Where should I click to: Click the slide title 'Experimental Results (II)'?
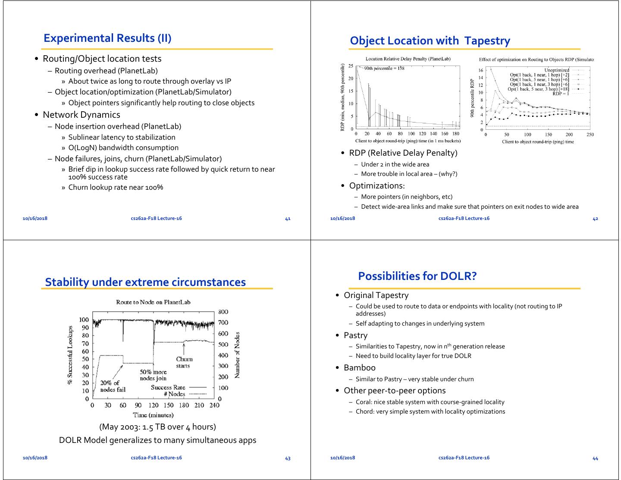107,38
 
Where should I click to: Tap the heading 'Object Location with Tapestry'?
430,41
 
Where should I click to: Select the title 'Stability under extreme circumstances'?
145,282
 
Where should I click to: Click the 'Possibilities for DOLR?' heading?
417,276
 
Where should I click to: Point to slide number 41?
288,219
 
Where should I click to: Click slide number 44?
595,458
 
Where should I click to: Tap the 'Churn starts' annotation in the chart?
184,362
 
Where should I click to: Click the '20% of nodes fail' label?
113,386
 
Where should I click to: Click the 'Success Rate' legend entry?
168,387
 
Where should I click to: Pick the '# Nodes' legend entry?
174,394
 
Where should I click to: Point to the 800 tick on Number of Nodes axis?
223,312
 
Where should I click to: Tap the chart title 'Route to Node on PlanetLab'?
153,302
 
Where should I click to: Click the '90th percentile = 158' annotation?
384,68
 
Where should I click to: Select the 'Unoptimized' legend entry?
556,70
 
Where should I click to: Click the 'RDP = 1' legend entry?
560,93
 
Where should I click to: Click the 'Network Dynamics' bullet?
82,115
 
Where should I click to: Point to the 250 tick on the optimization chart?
590,135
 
